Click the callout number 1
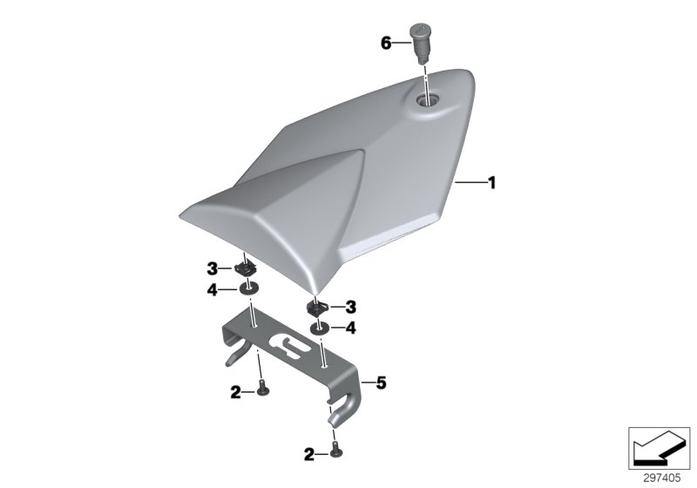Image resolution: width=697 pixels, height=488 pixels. pyautogui.click(x=491, y=183)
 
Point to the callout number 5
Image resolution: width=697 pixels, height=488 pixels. pyautogui.click(x=379, y=383)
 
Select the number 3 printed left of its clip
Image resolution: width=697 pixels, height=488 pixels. pyautogui.click(x=212, y=268)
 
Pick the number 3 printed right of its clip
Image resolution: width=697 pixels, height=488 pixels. pyautogui.click(x=350, y=307)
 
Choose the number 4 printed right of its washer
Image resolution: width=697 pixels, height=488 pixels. pyautogui.click(x=350, y=329)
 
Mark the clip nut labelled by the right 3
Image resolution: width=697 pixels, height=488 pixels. pyautogui.click(x=318, y=308)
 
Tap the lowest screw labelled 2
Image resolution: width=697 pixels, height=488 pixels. pyautogui.click(x=335, y=451)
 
